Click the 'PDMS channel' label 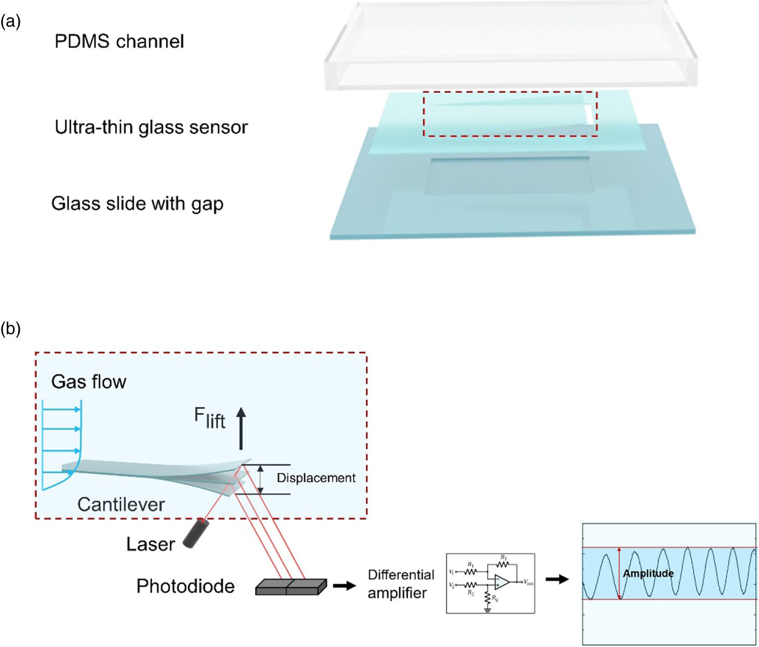[x=119, y=42]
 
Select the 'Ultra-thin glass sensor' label [x=151, y=127]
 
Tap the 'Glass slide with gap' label [x=137, y=203]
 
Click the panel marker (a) [x=10, y=22]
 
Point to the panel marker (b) [x=10, y=328]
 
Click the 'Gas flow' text [x=89, y=382]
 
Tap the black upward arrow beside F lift [x=241, y=428]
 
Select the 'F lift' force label [x=209, y=418]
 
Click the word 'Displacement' [x=316, y=478]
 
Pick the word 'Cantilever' [x=121, y=504]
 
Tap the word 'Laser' [x=151, y=544]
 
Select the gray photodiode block [x=291, y=586]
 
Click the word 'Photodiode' [x=185, y=586]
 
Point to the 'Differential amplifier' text [x=401, y=584]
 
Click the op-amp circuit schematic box [x=490, y=584]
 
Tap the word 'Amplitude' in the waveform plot [x=648, y=573]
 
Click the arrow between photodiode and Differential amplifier [x=344, y=585]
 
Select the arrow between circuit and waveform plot [x=557, y=579]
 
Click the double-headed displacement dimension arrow [x=261, y=479]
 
